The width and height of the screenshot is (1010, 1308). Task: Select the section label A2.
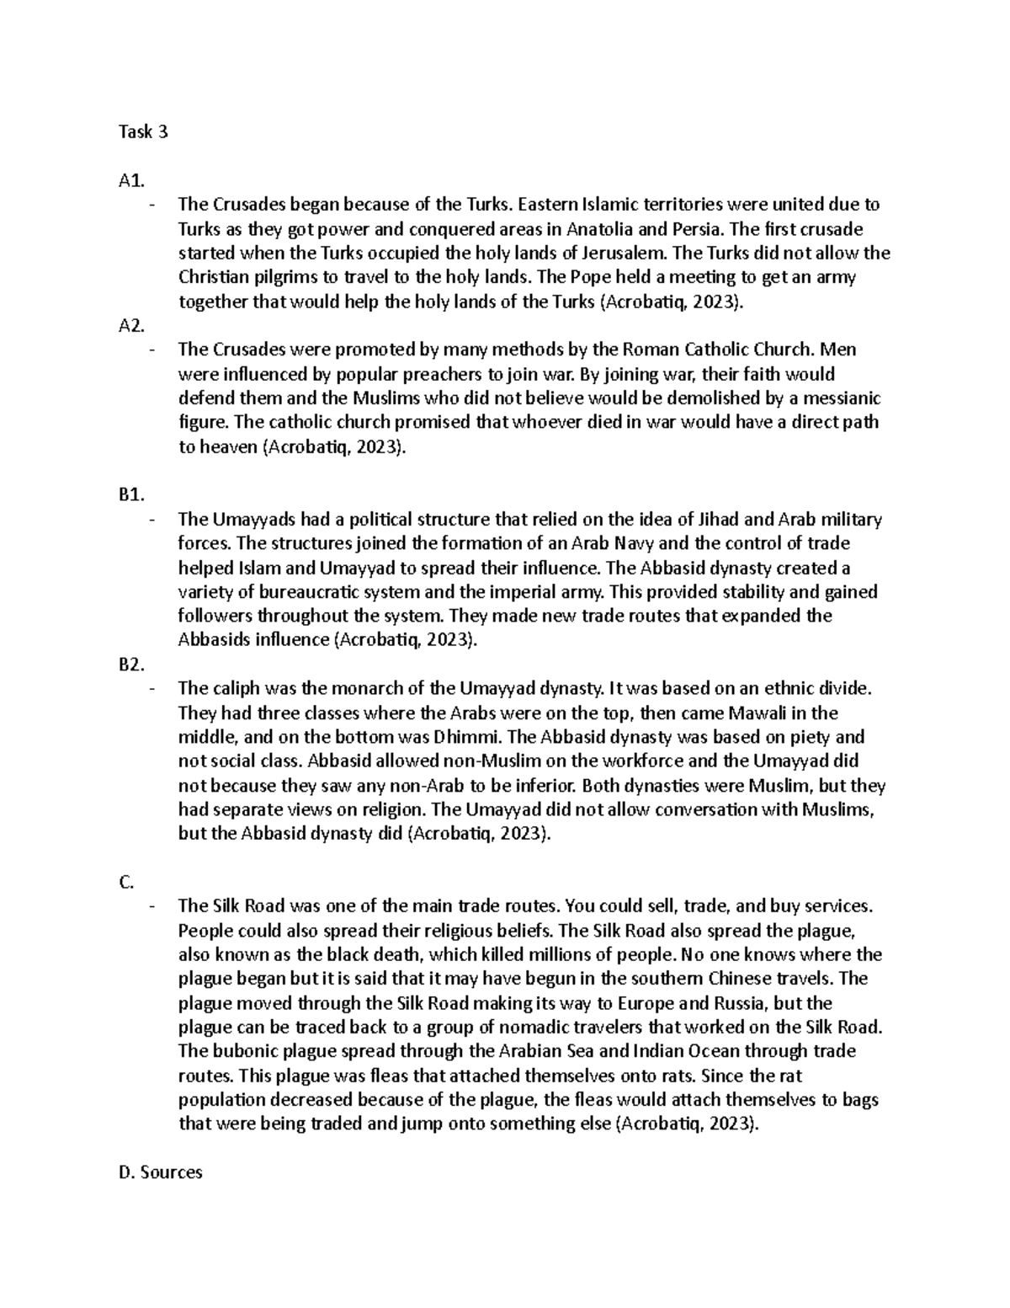[x=133, y=326]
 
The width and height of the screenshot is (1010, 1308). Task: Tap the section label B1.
[x=133, y=496]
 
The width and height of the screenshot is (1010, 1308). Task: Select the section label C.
[x=127, y=882]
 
